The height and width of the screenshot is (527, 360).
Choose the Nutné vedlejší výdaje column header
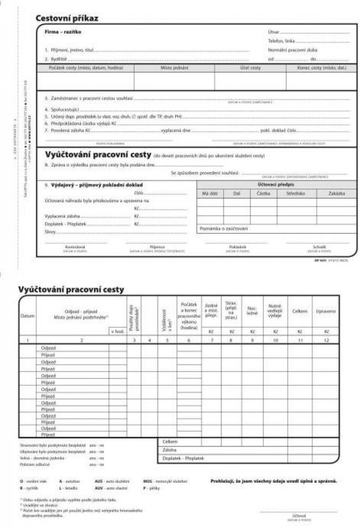275,311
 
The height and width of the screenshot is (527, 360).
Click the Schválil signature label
319,247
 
